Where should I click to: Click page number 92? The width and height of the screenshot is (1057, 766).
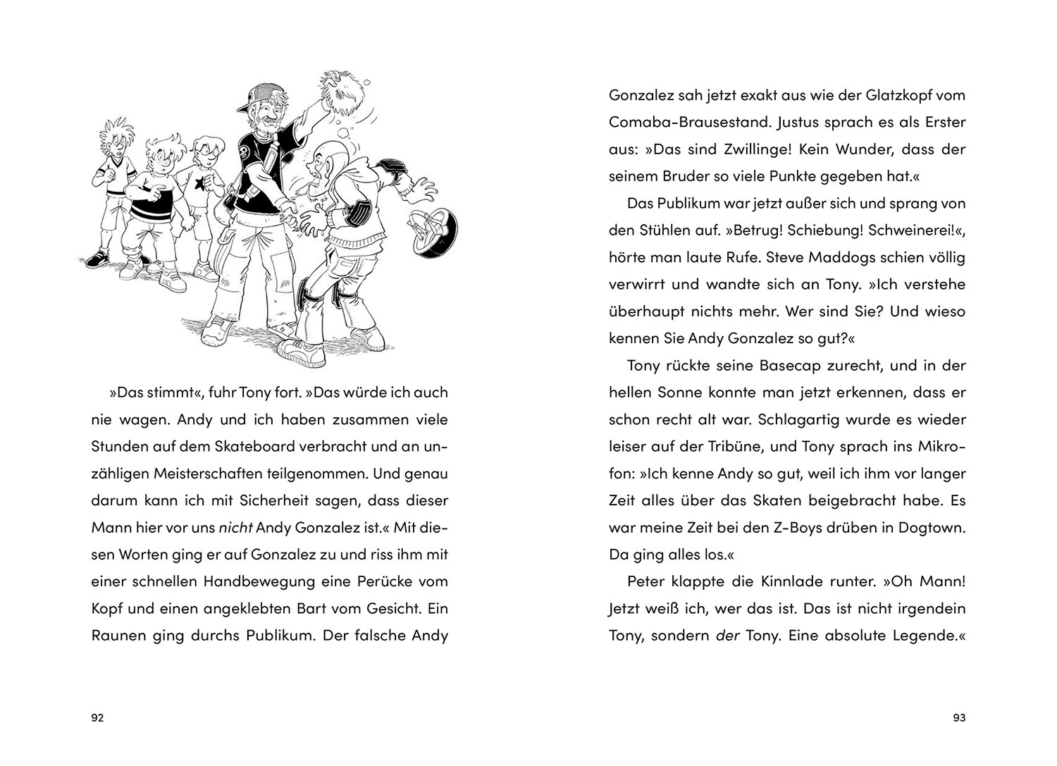point(98,718)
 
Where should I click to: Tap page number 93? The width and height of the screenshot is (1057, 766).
point(958,718)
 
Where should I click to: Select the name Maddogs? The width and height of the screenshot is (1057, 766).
point(827,257)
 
